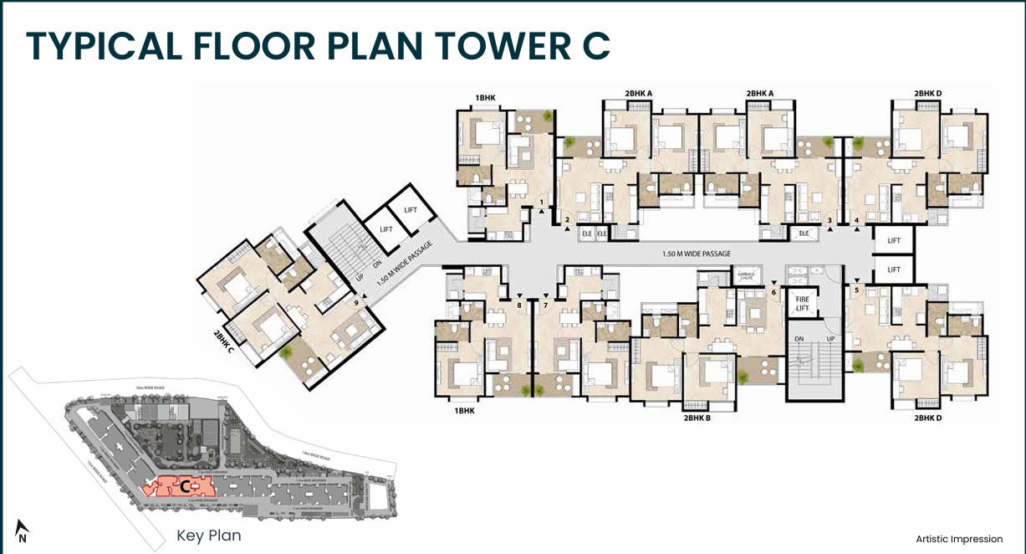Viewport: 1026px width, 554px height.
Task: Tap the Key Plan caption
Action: coord(208,536)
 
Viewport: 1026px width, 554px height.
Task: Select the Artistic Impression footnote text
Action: coord(958,539)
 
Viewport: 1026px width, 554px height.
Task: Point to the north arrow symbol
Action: coord(23,531)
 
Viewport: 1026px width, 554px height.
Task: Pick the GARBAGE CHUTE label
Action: coord(747,274)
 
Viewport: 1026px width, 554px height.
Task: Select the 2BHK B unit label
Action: coord(697,417)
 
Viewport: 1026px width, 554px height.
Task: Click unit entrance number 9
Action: coord(356,301)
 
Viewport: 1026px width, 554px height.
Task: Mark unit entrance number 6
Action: coord(773,292)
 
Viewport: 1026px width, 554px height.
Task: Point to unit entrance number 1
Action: coord(542,203)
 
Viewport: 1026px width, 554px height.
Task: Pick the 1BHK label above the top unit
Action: coord(485,98)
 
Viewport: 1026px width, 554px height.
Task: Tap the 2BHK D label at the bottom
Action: coord(927,417)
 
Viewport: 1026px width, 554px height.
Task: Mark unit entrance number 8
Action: coord(519,305)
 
